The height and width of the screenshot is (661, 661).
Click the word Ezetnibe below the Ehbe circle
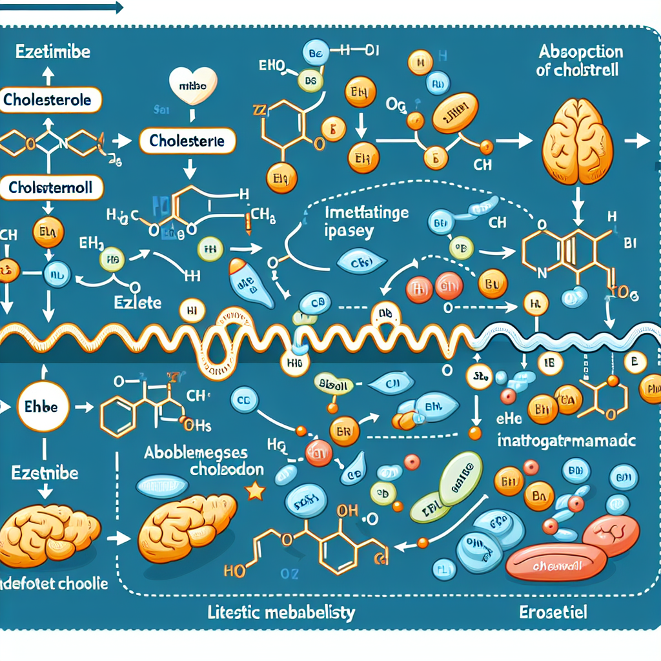tap(45, 473)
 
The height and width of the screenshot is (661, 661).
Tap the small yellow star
tap(256, 492)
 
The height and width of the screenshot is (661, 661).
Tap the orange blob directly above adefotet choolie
tap(48, 529)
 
